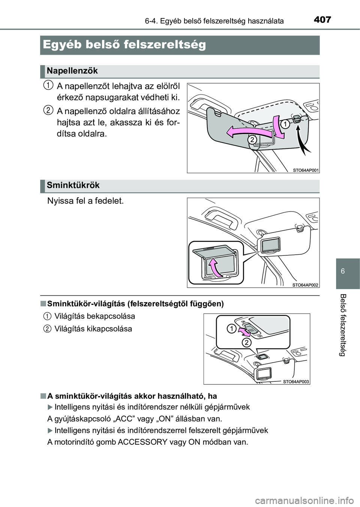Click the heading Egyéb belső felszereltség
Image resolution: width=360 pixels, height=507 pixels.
124,45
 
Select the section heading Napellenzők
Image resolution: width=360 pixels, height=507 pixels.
73,70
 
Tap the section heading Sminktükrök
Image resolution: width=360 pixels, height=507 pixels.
73,185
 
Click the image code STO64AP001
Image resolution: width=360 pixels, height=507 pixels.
306,170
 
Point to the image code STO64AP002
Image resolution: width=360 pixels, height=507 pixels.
306,285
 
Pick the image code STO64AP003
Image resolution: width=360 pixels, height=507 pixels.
296,381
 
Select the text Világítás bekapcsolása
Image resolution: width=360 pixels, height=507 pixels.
94,316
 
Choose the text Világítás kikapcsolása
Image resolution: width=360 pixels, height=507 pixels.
93,329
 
